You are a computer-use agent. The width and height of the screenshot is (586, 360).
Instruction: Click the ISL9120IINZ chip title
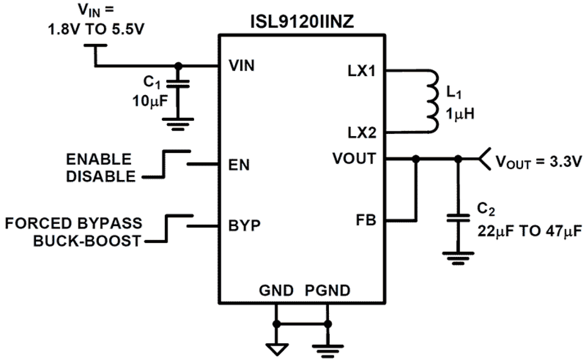[302, 22]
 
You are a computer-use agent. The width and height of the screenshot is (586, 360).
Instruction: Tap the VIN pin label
[242, 66]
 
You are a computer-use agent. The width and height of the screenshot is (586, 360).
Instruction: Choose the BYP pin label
[244, 226]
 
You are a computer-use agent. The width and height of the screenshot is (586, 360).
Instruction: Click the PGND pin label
[328, 291]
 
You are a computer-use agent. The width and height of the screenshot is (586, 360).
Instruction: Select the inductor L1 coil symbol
[433, 101]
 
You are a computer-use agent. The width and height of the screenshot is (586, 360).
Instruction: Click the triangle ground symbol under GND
[276, 348]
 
